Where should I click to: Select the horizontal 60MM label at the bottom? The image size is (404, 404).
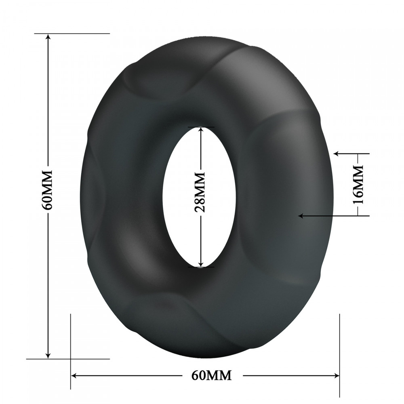tap(211, 375)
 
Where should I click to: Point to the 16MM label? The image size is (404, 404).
tap(358, 185)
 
